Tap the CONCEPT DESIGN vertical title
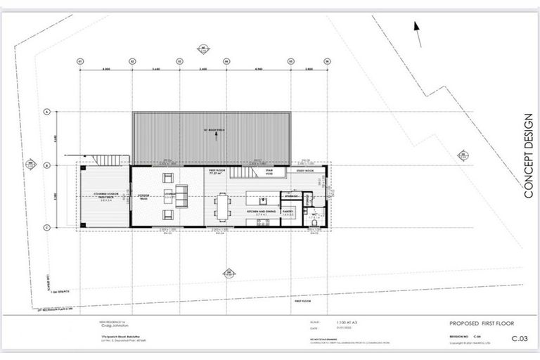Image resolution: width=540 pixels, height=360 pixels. tap(529, 154)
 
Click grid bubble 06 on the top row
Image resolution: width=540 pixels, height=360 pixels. tap(327, 62)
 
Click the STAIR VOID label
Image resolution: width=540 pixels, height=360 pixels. tap(269, 171)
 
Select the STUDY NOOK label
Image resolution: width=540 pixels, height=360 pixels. tap(306, 171)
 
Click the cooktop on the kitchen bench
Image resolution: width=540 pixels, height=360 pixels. tap(264, 223)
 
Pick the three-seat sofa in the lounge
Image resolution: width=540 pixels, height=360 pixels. tap(181, 193)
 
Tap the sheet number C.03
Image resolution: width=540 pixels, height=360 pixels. tap(518, 339)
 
